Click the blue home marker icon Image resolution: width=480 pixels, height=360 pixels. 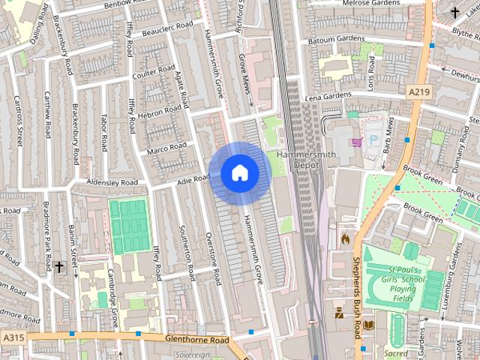(240, 172)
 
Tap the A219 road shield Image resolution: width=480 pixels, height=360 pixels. (418, 91)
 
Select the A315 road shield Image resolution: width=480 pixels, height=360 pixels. (13, 338)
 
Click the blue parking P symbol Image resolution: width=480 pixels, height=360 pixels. (373, 140)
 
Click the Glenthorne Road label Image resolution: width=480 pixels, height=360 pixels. (196, 340)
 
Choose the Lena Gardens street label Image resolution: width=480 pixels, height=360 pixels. (328, 97)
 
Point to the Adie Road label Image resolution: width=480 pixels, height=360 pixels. (192, 179)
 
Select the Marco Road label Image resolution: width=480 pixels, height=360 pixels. (166, 149)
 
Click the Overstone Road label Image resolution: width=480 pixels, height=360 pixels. (214, 258)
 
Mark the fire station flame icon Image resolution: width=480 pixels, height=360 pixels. (345, 238)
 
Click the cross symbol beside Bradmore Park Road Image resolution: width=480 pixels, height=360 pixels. (59, 266)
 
